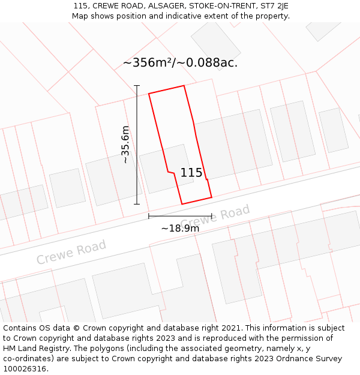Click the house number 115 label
click(191, 173)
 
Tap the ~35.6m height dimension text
click(125, 145)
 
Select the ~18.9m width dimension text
click(180, 228)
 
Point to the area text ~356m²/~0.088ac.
click(180, 62)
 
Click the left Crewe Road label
click(71, 252)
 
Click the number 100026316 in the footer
click(25, 369)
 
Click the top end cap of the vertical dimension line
click(137, 86)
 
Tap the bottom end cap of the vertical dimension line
click(137, 204)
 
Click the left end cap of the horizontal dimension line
click(149, 216)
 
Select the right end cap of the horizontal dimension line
click(212, 216)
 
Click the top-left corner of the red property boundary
click(149, 94)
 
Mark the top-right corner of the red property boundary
click(184, 85)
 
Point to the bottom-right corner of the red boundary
click(212, 197)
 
